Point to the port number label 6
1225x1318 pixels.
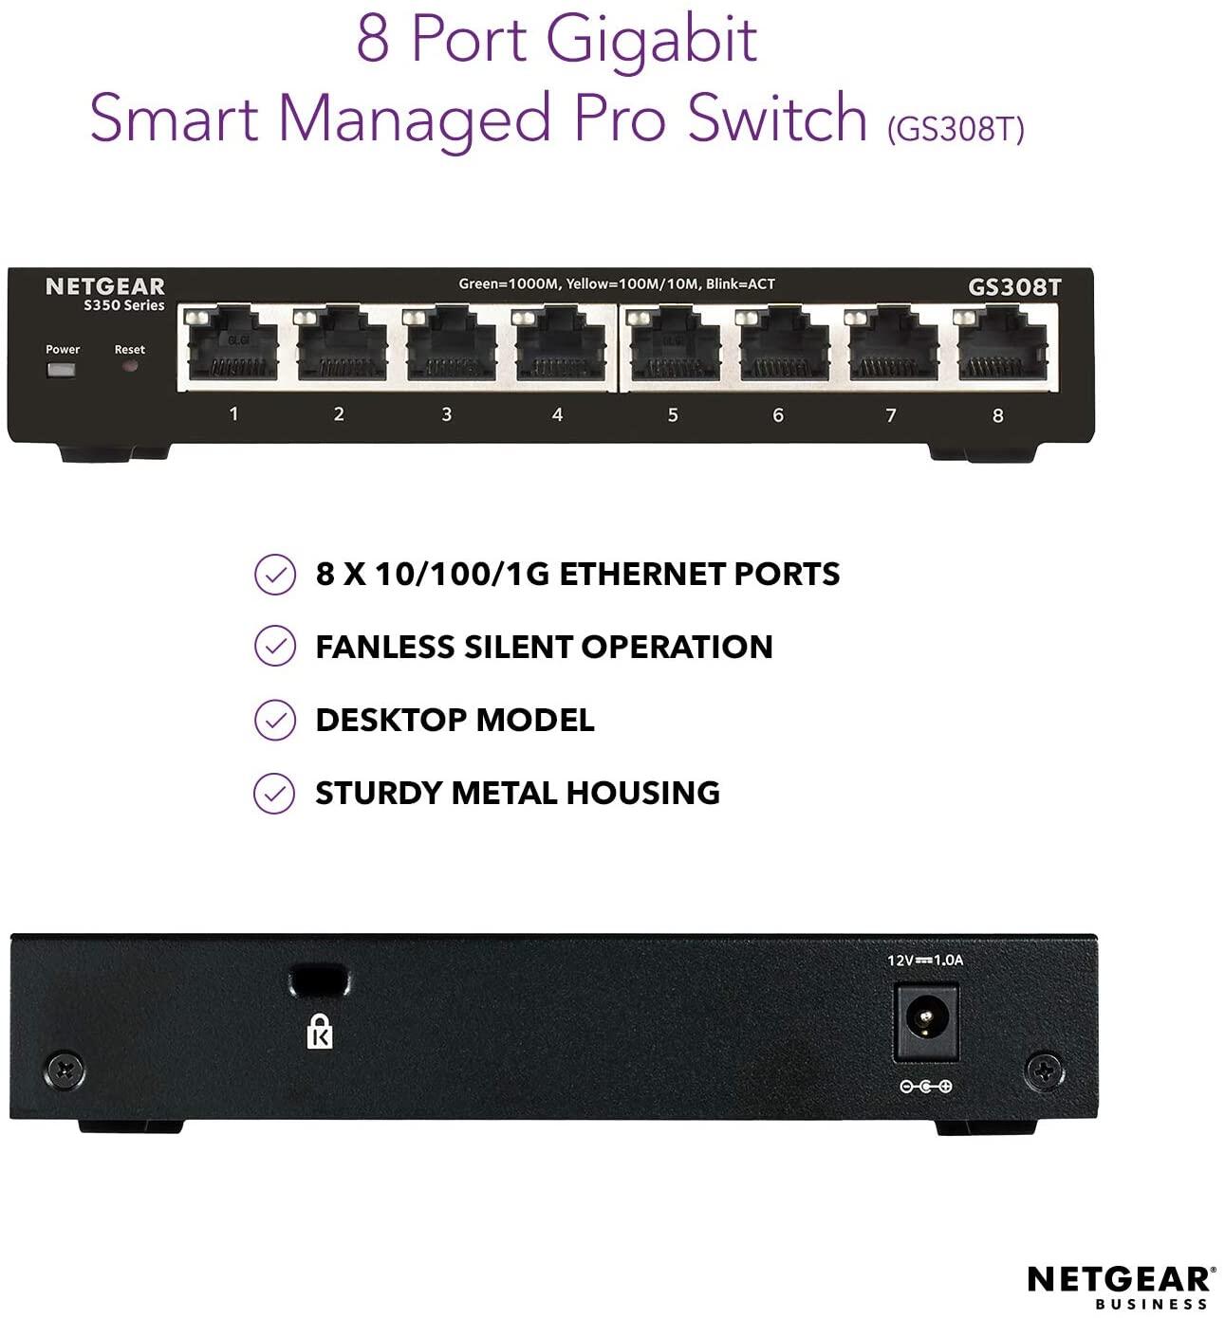(x=778, y=415)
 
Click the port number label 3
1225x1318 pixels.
(x=446, y=414)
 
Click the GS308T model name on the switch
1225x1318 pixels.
(x=1014, y=287)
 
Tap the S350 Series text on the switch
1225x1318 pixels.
(x=123, y=305)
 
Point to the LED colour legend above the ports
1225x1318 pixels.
(x=617, y=284)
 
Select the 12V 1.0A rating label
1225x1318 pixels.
(x=925, y=960)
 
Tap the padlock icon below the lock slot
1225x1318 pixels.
(x=320, y=1032)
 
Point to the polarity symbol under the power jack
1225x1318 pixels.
(x=925, y=1087)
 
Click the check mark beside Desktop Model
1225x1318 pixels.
(x=274, y=720)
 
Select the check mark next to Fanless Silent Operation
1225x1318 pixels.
(x=274, y=646)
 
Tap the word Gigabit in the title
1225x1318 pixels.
(x=651, y=40)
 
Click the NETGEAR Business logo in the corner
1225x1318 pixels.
(x=1119, y=1288)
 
